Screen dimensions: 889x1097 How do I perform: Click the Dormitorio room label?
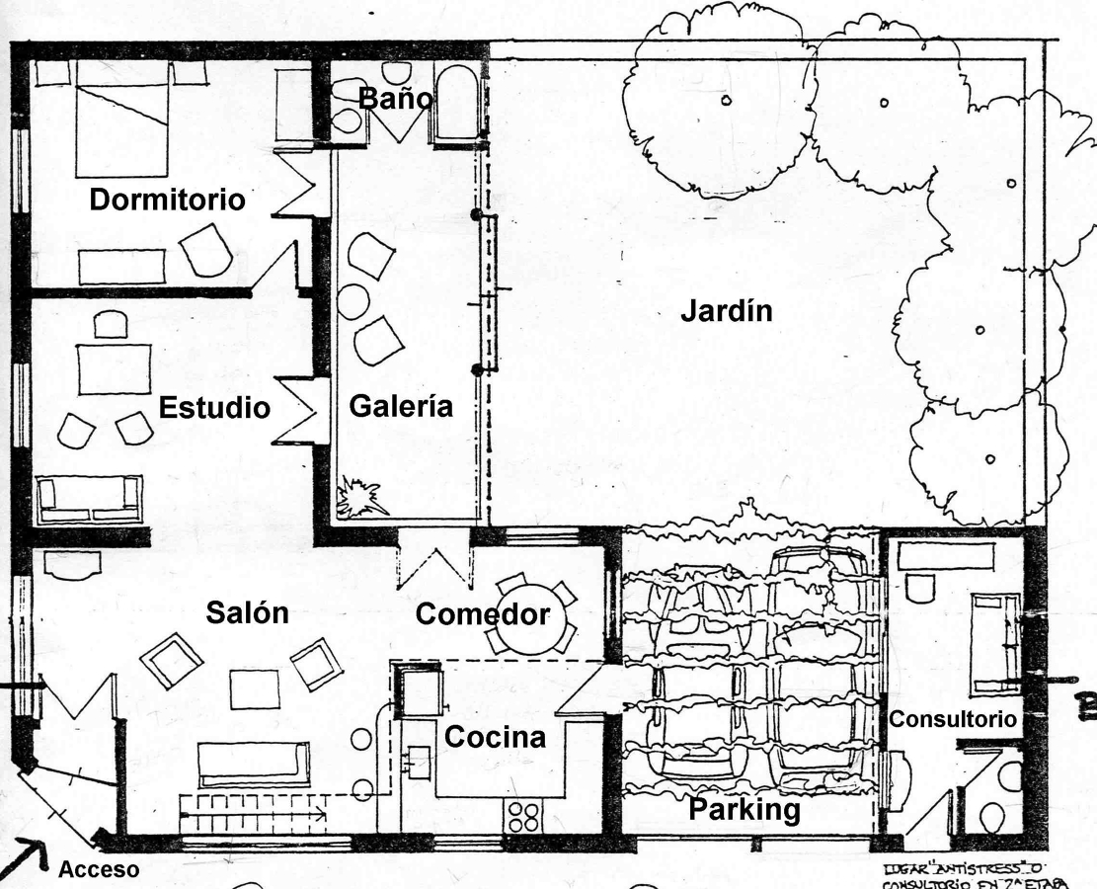pos(167,200)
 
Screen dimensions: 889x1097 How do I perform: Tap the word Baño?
pos(395,99)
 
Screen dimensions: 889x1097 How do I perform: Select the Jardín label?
pos(726,311)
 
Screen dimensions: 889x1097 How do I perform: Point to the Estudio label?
pos(214,408)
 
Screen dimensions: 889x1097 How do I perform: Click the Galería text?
pos(401,406)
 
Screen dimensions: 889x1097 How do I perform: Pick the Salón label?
pos(247,612)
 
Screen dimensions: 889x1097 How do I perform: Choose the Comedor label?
pos(482,614)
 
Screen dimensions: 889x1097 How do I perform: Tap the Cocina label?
pos(494,737)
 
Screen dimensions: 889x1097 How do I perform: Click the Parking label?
pos(744,810)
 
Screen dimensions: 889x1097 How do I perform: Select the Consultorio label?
pos(952,720)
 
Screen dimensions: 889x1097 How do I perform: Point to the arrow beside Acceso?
pos(30,856)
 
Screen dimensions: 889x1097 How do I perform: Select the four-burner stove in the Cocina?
pos(523,816)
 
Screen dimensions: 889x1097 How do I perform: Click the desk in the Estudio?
pos(115,367)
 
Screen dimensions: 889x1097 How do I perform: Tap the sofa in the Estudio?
pos(89,499)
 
